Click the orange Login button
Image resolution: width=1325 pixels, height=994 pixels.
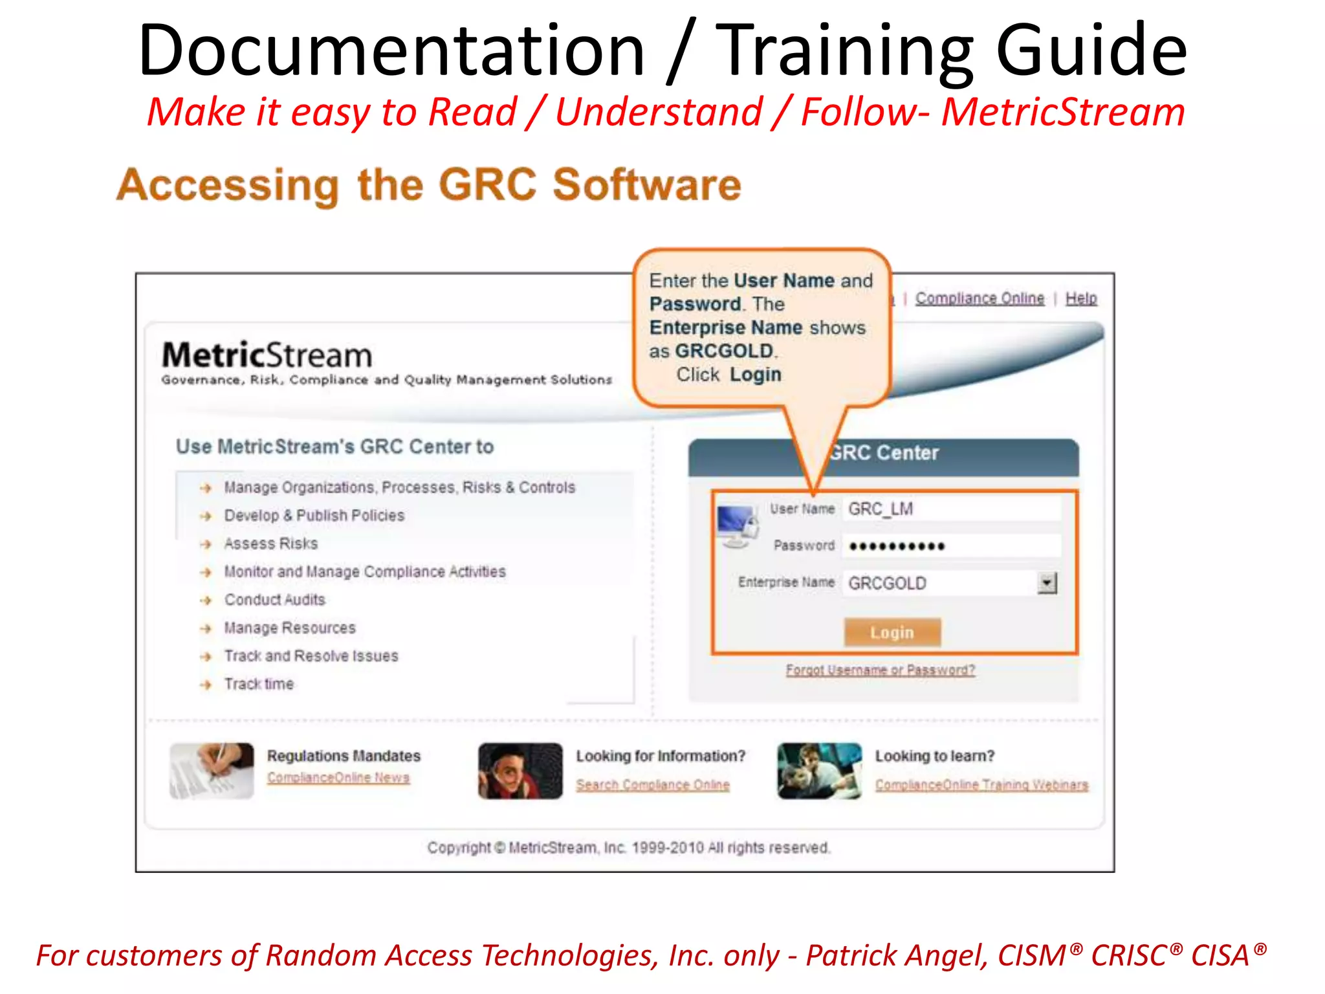(x=892, y=632)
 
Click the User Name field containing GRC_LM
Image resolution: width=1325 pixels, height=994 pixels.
(x=951, y=509)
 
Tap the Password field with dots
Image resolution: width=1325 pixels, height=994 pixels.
(x=951, y=546)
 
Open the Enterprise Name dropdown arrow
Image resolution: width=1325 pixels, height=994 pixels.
(x=1047, y=583)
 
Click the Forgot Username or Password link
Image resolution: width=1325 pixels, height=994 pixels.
(x=880, y=670)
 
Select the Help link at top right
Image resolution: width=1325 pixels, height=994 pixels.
(x=1081, y=298)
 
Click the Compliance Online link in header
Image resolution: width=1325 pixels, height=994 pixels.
(x=980, y=298)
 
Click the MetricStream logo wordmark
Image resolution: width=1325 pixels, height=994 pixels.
(x=267, y=355)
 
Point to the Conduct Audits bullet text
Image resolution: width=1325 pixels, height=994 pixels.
(x=275, y=600)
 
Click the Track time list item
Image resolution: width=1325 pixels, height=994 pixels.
(x=259, y=684)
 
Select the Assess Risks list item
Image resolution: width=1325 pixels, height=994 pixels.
(x=271, y=544)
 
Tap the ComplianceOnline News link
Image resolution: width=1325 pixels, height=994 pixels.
(x=338, y=777)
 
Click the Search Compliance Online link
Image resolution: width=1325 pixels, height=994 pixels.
(x=653, y=784)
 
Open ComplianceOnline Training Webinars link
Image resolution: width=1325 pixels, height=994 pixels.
(x=981, y=784)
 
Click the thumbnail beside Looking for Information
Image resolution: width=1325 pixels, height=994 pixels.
(x=520, y=771)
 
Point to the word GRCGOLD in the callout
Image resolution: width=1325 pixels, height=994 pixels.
(x=724, y=351)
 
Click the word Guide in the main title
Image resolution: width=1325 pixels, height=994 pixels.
(x=1091, y=50)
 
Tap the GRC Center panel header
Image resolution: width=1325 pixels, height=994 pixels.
(x=884, y=453)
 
